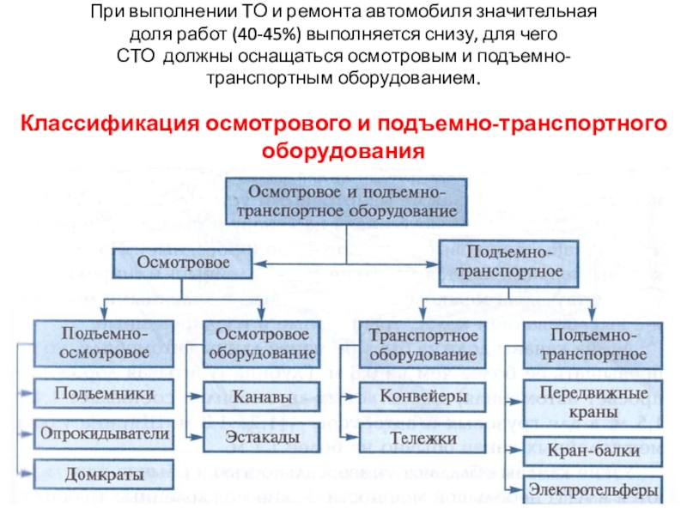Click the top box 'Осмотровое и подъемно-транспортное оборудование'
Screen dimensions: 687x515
(346, 202)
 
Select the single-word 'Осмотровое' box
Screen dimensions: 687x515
(182, 264)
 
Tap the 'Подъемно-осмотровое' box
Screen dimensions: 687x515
(104, 344)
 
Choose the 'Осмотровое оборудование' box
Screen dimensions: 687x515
(262, 344)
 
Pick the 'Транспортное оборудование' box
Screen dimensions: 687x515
(423, 345)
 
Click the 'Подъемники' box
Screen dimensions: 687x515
(104, 394)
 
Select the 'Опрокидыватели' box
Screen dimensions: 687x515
(104, 434)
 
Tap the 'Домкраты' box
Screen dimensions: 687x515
(104, 475)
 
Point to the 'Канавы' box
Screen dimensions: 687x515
(262, 397)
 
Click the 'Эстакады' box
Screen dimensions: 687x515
(262, 437)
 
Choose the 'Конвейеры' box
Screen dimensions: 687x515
(423, 397)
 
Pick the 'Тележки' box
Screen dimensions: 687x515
(423, 438)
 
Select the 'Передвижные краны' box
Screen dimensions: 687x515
(593, 403)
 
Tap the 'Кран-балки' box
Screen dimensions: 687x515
(593, 451)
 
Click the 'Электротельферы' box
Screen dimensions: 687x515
(593, 489)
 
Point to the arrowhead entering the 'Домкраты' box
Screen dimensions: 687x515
(27, 474)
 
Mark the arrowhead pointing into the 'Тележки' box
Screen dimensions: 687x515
(352, 437)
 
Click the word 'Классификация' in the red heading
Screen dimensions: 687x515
(110, 124)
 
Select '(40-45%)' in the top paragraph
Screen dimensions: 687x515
(267, 34)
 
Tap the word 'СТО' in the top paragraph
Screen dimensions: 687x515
(136, 57)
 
